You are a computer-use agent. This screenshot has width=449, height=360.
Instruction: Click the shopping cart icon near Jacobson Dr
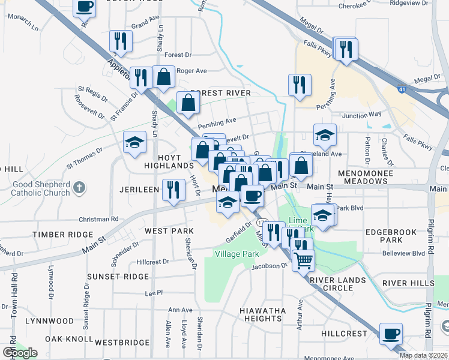(x=304, y=260)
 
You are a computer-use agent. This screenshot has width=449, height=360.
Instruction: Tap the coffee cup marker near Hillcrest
(x=391, y=333)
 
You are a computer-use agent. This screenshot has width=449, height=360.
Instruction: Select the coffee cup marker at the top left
(x=84, y=7)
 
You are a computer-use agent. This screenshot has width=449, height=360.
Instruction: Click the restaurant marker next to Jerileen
(x=173, y=190)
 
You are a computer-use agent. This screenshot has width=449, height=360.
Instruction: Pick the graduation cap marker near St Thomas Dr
(x=135, y=142)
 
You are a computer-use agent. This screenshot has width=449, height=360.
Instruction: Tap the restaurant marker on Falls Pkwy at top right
(x=346, y=49)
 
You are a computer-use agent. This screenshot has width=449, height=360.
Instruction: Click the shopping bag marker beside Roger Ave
(x=164, y=76)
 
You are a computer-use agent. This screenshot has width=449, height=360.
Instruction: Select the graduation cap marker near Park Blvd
(x=323, y=215)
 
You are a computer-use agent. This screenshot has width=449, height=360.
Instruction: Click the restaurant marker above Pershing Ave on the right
(x=299, y=85)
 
